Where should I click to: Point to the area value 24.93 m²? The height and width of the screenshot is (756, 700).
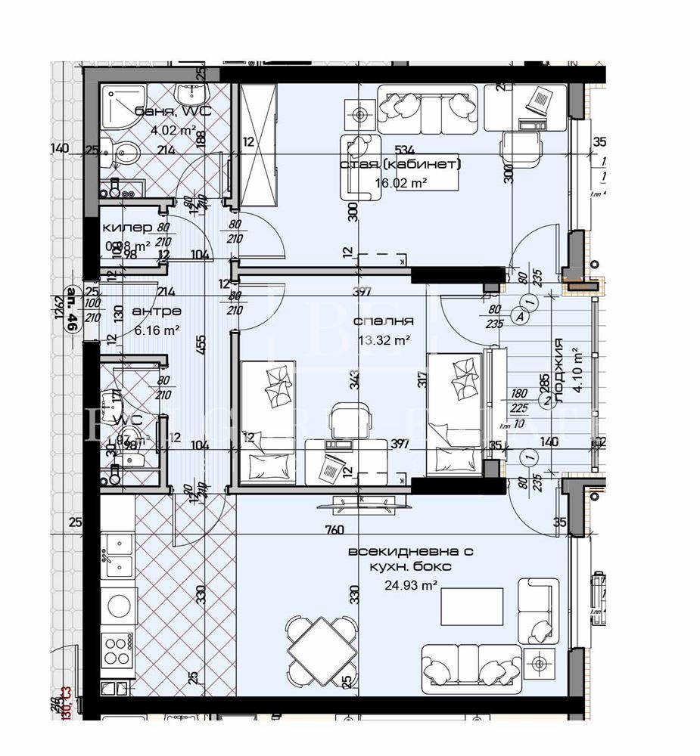click(x=411, y=584)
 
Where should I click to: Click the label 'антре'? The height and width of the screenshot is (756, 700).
click(x=156, y=311)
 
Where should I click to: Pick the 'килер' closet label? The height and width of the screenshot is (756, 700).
click(x=127, y=228)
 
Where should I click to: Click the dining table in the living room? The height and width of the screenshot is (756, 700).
click(x=321, y=649)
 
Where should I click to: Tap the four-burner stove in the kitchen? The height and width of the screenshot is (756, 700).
click(x=119, y=647)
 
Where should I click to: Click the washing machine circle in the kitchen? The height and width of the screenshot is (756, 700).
click(x=119, y=604)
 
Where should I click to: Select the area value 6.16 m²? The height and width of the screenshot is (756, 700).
click(x=156, y=330)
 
